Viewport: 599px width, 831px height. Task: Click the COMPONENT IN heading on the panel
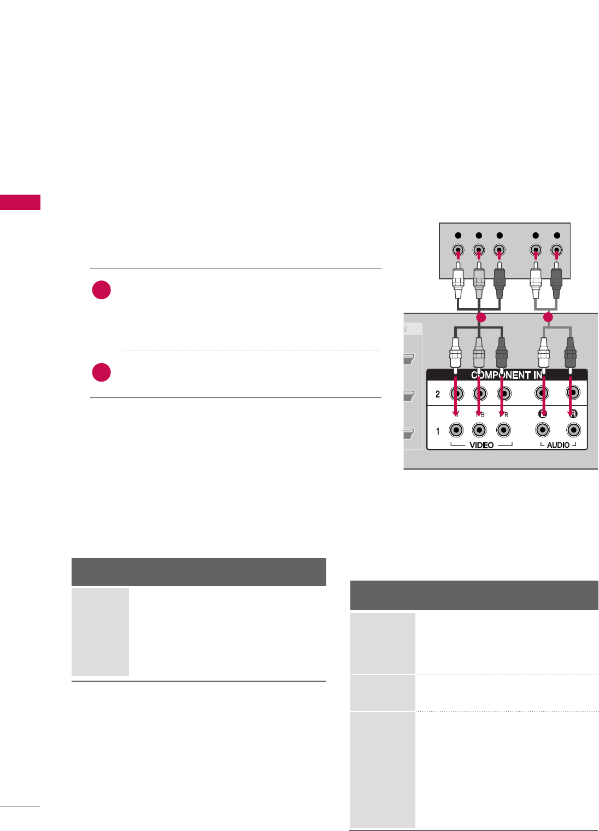coord(507,375)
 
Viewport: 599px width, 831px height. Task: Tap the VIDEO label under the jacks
coord(481,445)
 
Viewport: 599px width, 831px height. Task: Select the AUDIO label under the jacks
coord(558,445)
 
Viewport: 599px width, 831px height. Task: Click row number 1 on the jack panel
coord(438,431)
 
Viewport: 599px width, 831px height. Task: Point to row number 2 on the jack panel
coord(438,394)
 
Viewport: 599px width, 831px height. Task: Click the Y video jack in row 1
coord(456,431)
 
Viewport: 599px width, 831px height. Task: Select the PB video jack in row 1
coord(480,431)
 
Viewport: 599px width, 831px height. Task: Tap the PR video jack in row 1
coord(503,431)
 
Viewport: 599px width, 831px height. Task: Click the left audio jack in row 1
coord(542,431)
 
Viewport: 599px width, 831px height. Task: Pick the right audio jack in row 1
coord(573,431)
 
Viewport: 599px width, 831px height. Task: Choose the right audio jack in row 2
coord(573,393)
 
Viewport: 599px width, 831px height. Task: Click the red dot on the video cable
coord(480,317)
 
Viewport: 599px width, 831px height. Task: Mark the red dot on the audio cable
coord(548,317)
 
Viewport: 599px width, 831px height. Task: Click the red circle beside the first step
coord(102,290)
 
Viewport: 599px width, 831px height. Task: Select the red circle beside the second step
coord(102,372)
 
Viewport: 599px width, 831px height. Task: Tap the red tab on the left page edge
coord(20,202)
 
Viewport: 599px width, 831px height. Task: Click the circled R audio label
coord(573,414)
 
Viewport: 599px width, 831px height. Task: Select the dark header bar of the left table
coord(199,572)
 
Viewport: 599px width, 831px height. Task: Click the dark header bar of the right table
coord(474,595)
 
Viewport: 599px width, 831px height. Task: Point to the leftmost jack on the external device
coord(458,250)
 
